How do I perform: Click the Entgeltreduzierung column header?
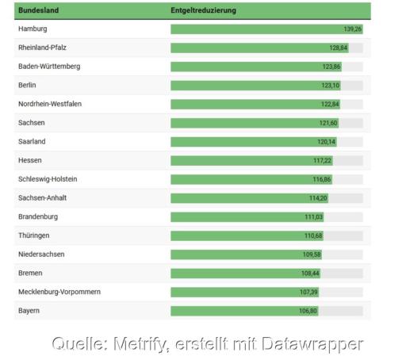(203, 10)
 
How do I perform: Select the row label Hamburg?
(33, 29)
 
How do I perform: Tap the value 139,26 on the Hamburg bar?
(352, 29)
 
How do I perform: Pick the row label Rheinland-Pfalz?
(42, 48)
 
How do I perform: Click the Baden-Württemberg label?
(48, 66)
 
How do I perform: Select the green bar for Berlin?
(246, 86)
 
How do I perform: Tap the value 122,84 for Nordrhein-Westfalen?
(330, 105)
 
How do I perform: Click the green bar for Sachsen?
(246, 123)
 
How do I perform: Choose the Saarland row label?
(32, 141)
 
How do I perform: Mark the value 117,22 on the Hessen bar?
(322, 161)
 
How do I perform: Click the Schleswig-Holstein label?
(48, 179)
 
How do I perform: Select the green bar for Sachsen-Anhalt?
(238, 198)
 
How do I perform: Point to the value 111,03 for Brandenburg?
(313, 217)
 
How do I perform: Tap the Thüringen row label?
(34, 236)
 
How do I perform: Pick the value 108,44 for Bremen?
(310, 274)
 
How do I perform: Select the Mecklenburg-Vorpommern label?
(59, 292)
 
